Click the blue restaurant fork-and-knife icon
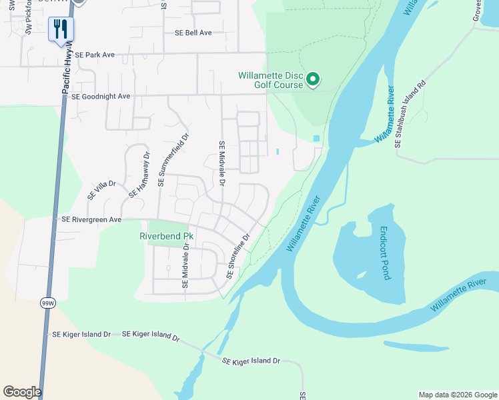(61, 29)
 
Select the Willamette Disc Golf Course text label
(271, 80)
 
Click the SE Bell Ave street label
(193, 33)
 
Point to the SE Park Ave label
(95, 55)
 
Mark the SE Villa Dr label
(101, 191)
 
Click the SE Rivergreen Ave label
(91, 219)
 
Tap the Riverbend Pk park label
(166, 236)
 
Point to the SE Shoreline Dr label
(237, 256)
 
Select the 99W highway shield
(47, 301)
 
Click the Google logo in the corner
(22, 392)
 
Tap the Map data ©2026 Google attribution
(457, 395)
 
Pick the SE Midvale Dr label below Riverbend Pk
(185, 267)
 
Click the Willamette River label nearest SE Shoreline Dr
(304, 223)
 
